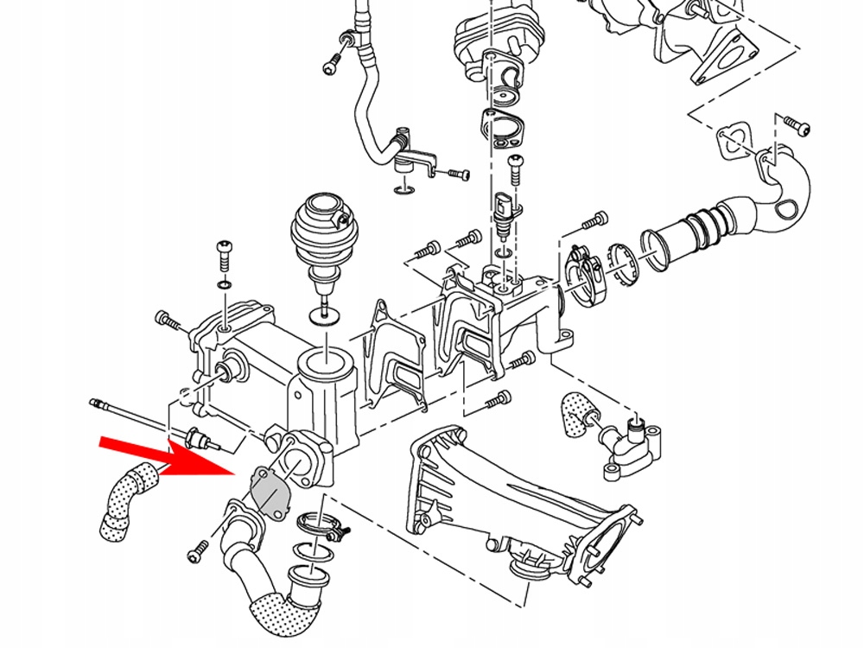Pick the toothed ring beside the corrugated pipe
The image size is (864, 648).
[624, 264]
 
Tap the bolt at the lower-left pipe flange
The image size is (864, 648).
[198, 549]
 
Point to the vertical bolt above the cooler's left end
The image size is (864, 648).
[224, 254]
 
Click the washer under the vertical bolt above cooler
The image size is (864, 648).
[224, 285]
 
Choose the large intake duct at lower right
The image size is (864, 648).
[518, 501]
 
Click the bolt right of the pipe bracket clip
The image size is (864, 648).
[456, 175]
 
